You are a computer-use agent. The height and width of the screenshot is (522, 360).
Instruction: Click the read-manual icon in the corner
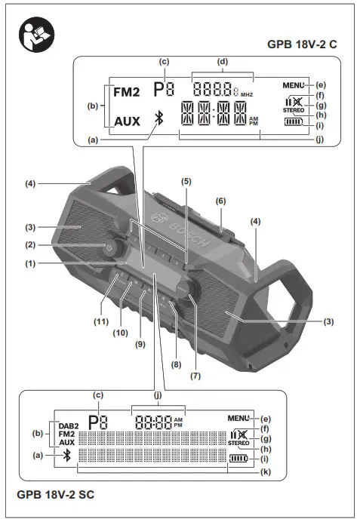point(37,35)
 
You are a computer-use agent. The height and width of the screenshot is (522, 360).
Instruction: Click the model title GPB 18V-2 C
point(302,45)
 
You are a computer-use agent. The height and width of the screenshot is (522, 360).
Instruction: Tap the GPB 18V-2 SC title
point(55,494)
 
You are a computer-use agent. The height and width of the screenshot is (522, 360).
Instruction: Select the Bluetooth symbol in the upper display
point(159,118)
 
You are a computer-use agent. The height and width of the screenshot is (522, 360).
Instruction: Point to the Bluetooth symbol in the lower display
point(67,455)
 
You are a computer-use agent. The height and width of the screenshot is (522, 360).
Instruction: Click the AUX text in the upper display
point(127,121)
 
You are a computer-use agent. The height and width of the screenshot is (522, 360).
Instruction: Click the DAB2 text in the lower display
point(69,425)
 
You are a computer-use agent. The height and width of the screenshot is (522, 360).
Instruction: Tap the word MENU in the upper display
point(293,85)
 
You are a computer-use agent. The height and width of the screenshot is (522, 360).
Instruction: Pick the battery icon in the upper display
point(294,122)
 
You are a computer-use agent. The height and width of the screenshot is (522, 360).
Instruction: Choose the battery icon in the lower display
point(238,459)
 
